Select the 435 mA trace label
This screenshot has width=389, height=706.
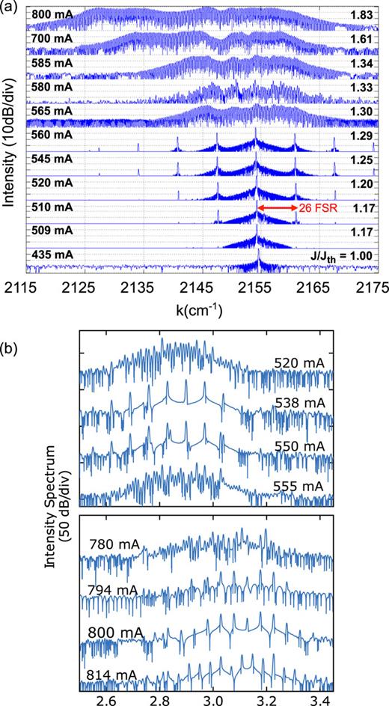52,255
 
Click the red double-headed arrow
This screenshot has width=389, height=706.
276,207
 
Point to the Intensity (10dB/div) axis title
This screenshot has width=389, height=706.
10,141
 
